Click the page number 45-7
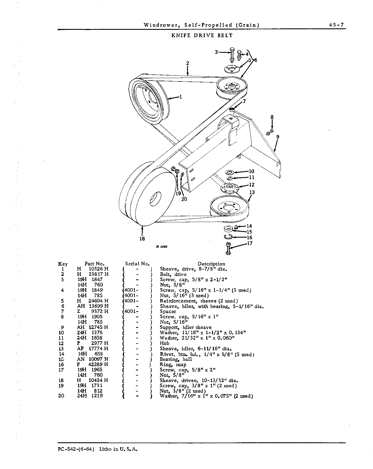coord(337,25)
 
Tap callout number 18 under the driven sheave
coord(142,239)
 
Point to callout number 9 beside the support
coord(278,137)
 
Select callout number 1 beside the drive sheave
coord(181,97)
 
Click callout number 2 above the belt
coord(188,63)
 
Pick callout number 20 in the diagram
coord(184,199)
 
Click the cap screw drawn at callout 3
coord(232,55)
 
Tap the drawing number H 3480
coord(161,247)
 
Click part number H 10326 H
coord(93,269)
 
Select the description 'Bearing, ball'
coord(176,359)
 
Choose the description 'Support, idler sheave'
coord(186,327)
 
